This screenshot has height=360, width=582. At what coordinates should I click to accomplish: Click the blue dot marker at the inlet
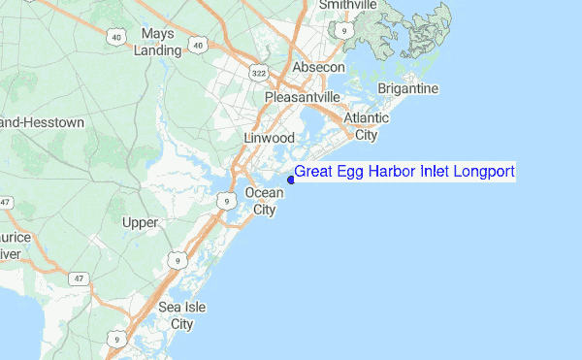(x=290, y=179)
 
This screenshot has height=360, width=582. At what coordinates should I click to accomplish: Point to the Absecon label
(x=318, y=67)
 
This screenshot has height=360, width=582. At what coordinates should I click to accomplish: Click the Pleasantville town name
(x=303, y=97)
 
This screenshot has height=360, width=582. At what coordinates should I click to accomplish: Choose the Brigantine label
(x=409, y=88)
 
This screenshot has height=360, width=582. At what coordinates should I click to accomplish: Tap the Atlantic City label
(x=367, y=126)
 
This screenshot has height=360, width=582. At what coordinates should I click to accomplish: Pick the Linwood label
(x=269, y=139)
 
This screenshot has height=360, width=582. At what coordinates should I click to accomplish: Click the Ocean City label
(x=264, y=201)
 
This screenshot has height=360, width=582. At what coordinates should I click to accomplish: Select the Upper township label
(x=141, y=223)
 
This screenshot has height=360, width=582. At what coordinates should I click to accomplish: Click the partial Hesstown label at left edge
(x=43, y=123)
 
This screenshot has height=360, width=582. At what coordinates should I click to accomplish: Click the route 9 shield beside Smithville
(x=344, y=30)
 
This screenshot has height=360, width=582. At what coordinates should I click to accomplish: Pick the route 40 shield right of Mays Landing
(x=199, y=45)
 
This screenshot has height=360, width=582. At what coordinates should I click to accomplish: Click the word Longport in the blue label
(x=481, y=172)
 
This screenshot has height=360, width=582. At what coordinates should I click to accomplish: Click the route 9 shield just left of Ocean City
(x=226, y=201)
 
